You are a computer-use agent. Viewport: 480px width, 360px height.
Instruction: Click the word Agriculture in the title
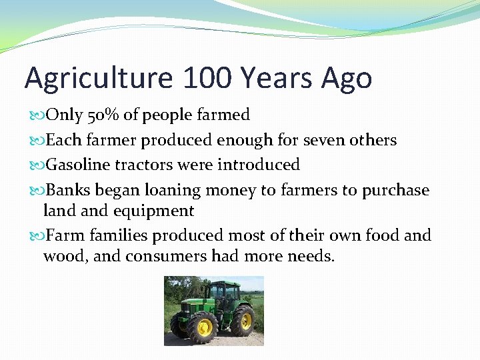point(97,79)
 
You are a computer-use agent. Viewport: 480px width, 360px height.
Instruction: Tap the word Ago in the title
point(345,79)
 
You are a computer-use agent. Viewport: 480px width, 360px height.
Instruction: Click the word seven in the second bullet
point(325,141)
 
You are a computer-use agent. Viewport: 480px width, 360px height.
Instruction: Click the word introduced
point(258,165)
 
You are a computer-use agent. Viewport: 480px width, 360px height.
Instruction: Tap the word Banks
point(69,191)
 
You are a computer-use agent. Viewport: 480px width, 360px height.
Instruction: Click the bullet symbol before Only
point(36,116)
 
